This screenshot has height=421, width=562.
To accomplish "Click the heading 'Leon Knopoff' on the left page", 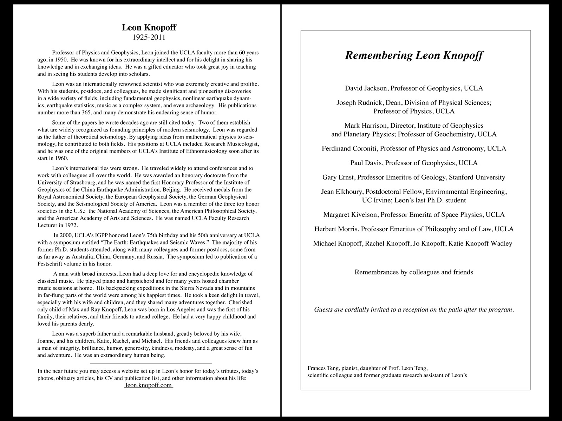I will (x=149, y=27).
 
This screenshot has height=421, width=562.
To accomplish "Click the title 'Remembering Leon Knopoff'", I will (x=414, y=55).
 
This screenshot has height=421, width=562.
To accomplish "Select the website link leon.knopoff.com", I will (x=149, y=385).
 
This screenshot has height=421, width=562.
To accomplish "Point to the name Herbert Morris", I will (x=335, y=229).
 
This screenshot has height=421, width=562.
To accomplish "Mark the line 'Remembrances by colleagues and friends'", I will (x=414, y=272).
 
